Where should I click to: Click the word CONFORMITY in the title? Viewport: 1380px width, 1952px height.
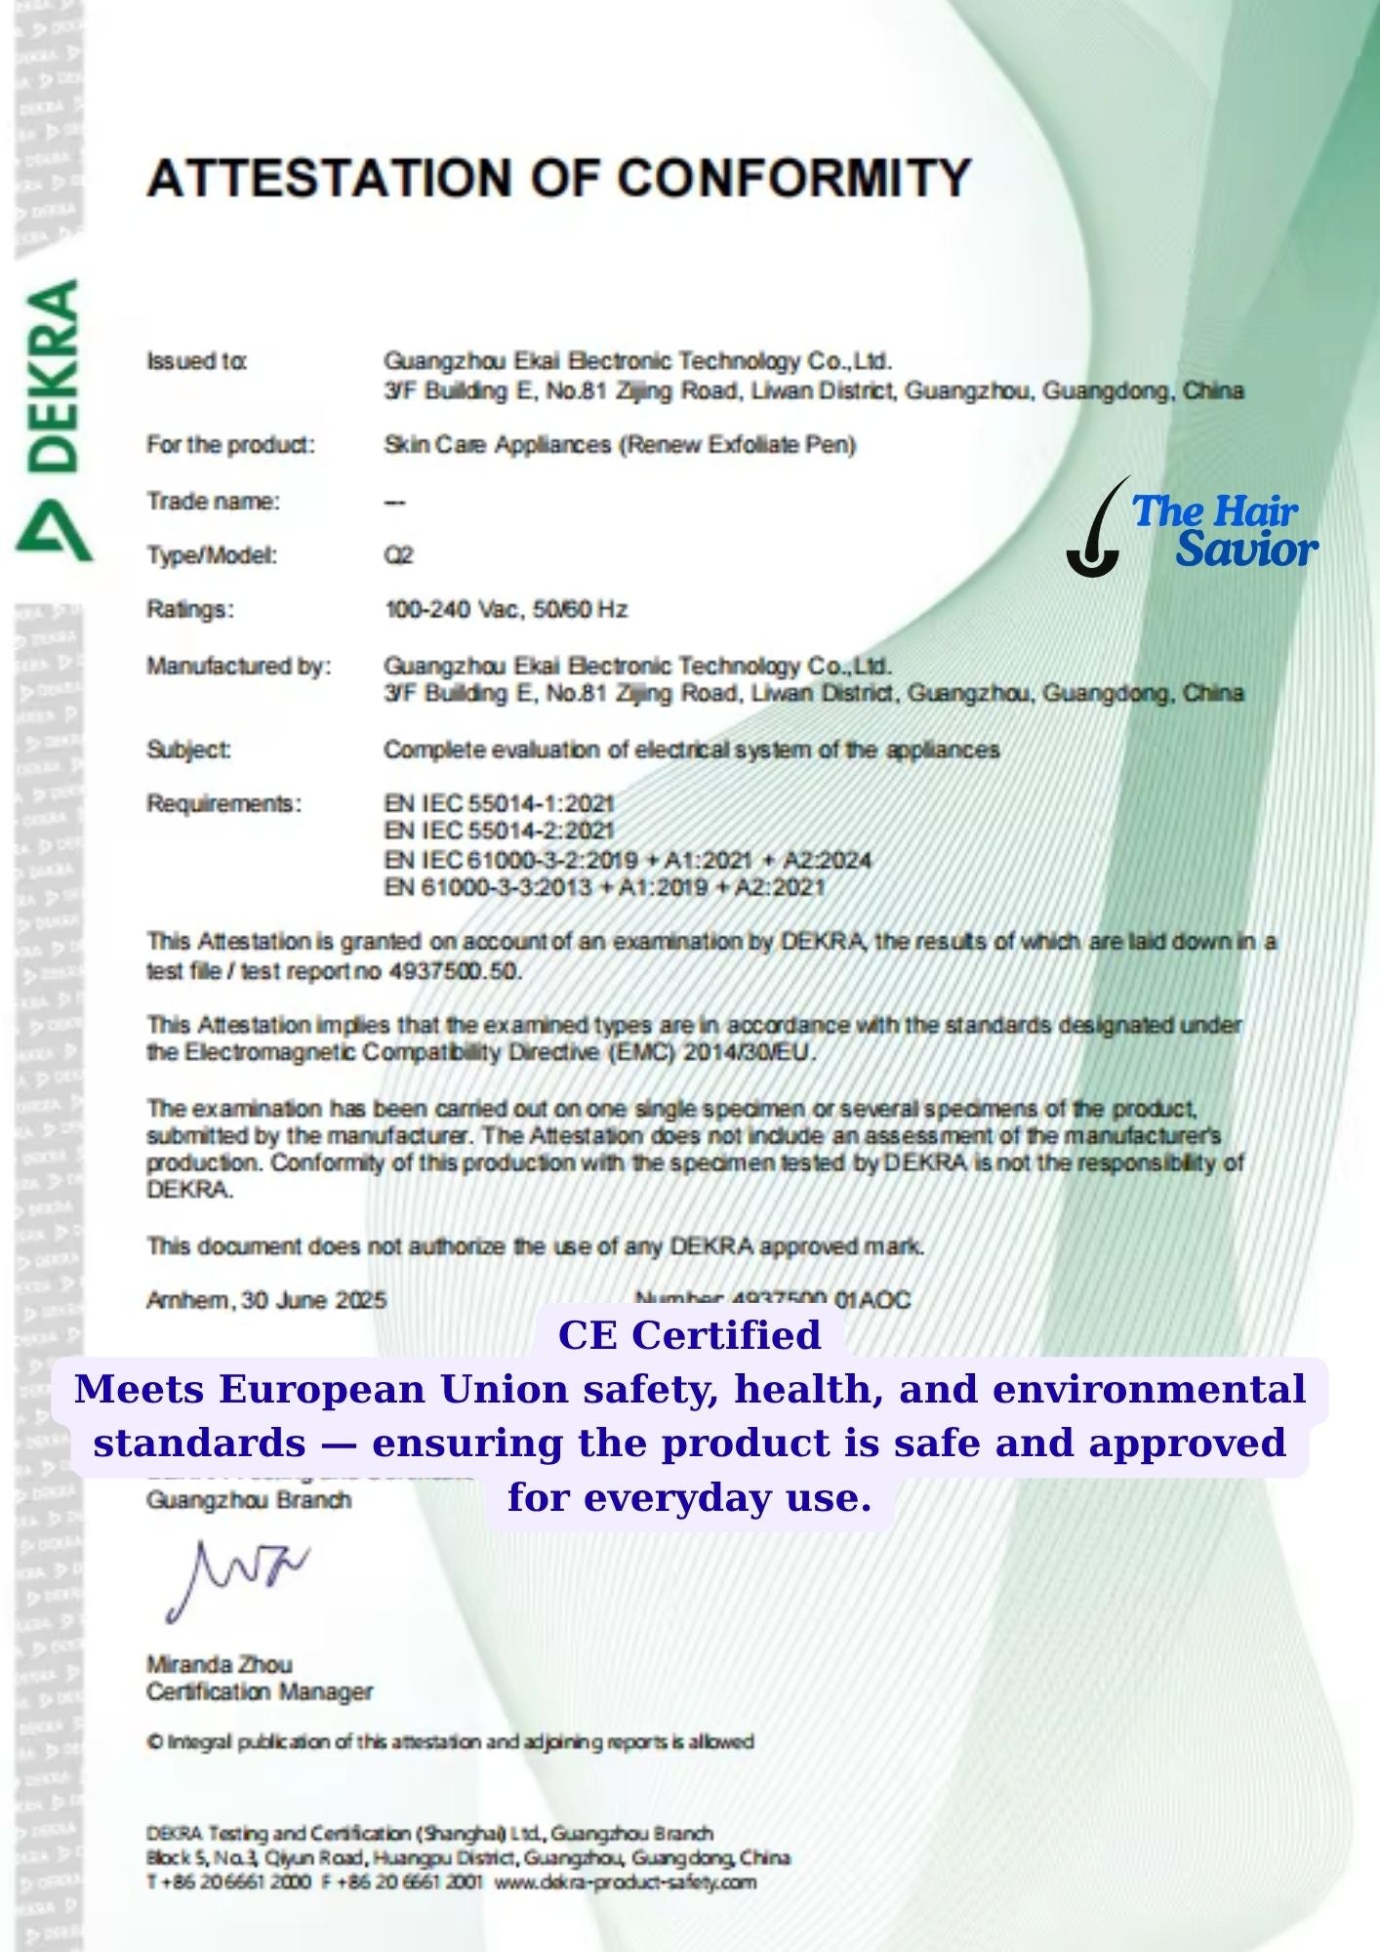793,179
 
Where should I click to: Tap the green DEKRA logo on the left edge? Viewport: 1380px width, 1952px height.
54,420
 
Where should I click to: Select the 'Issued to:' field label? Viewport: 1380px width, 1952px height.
196,361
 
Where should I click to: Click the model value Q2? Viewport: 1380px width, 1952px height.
398,555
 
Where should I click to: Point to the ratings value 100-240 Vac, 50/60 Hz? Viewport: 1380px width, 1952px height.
506,610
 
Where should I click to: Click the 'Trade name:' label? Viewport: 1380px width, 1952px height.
213,502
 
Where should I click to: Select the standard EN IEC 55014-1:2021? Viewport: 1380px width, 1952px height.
499,803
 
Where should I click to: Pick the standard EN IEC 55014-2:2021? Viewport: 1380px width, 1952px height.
499,831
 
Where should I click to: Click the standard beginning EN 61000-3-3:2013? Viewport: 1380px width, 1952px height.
604,887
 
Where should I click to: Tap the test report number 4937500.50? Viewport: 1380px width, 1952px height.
455,971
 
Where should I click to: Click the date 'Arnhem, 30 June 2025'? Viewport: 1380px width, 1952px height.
266,1300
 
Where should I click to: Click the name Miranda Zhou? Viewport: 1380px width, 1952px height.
220,1664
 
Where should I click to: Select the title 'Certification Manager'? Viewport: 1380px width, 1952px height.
260,1691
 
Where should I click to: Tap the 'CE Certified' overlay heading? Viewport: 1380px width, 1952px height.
689,1335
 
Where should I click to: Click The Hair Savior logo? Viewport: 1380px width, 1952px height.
1193,528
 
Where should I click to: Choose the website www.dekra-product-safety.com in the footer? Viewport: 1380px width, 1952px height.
625,1882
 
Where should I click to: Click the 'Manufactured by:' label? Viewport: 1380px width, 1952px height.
239,667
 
